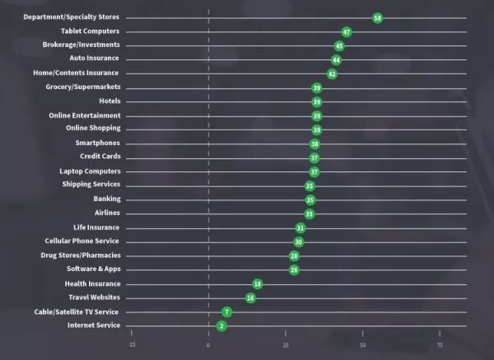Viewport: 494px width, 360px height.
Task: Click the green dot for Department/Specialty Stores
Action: [x=377, y=17]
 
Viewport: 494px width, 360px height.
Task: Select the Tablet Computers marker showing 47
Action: [x=347, y=31]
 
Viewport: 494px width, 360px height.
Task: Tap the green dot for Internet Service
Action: [x=221, y=326]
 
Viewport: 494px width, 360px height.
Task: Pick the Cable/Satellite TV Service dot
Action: [x=227, y=312]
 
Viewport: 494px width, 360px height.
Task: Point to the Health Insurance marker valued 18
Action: [x=258, y=283]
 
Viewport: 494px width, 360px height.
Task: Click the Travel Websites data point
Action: [x=251, y=297]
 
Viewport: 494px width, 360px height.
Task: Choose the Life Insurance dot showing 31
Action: [x=301, y=227]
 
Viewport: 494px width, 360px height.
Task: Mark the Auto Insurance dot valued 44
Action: [x=336, y=59]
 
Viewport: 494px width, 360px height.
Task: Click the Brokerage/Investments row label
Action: [x=81, y=44]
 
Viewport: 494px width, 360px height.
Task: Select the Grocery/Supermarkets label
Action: [x=84, y=86]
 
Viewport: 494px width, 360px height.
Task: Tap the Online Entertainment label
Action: [x=85, y=115]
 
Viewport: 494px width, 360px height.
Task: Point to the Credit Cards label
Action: [x=100, y=157]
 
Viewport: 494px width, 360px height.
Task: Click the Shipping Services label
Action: [x=91, y=185]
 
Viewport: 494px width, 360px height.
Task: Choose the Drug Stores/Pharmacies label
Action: [x=82, y=255]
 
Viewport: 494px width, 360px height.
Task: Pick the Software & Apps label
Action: [x=93, y=269]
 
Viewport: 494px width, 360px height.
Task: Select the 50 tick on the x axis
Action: [x=362, y=345]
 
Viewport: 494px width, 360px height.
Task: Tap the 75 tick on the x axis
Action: [x=440, y=345]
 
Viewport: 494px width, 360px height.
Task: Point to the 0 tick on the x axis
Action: [x=209, y=345]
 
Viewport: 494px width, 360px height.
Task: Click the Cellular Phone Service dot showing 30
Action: [x=299, y=241]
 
